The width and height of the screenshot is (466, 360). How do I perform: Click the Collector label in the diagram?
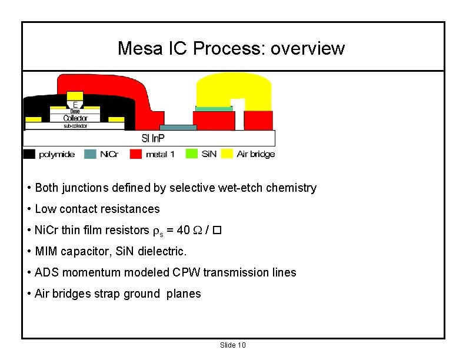(75, 118)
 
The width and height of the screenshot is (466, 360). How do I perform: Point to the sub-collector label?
(75, 126)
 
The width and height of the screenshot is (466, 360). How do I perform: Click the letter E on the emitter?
(75, 104)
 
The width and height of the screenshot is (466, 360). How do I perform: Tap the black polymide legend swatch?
(29, 154)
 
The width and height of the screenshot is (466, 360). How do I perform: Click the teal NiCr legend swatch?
(90, 154)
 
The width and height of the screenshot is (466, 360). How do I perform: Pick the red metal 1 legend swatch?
(137, 154)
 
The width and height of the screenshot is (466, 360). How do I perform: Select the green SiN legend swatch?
(192, 154)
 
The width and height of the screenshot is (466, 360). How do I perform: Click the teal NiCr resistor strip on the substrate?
(178, 128)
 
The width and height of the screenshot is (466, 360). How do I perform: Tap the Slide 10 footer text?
(232, 345)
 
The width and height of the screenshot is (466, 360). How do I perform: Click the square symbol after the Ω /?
(217, 230)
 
